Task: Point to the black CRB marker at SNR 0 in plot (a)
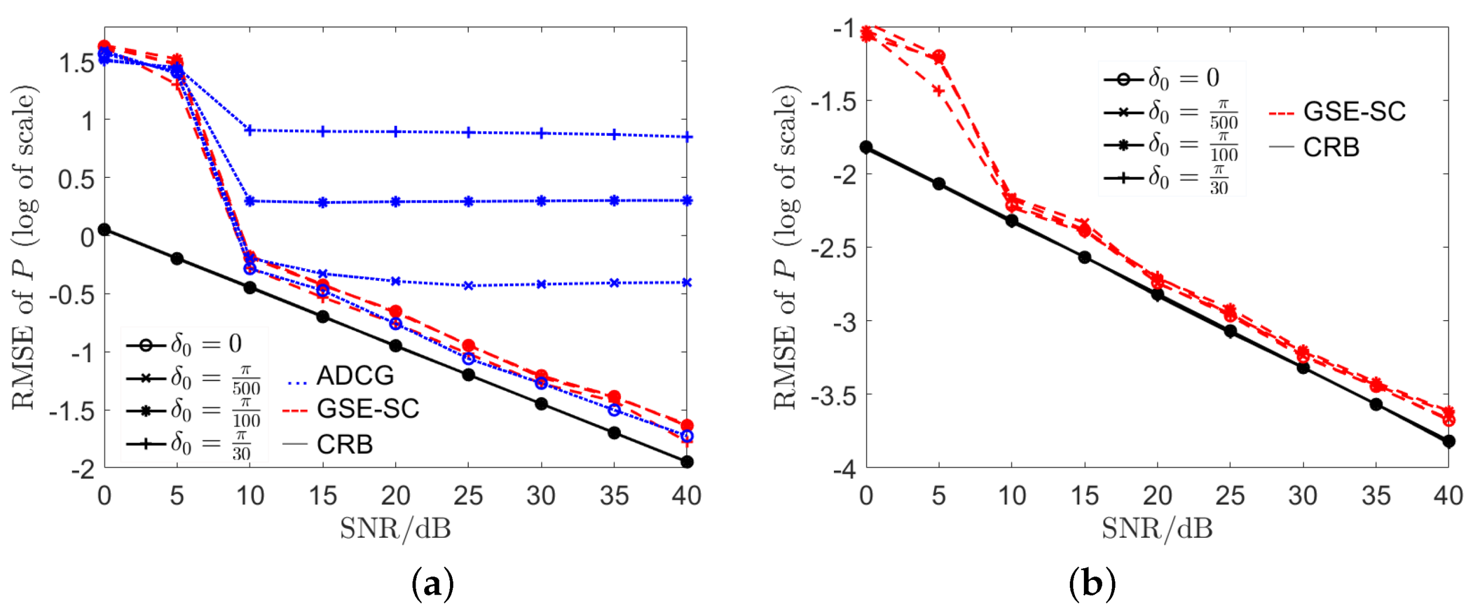tap(104, 229)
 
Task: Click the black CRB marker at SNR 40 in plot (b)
tap(1448, 441)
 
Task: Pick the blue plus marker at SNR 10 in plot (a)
tap(250, 130)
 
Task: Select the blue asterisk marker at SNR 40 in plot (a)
tap(687, 201)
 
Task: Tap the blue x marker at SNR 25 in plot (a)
tap(468, 286)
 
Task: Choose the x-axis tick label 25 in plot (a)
tap(468, 496)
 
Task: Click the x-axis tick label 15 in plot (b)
tap(1084, 496)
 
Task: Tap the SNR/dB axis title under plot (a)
tap(396, 529)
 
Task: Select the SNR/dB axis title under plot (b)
tap(1157, 529)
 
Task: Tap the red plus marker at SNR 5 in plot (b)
tap(939, 91)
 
